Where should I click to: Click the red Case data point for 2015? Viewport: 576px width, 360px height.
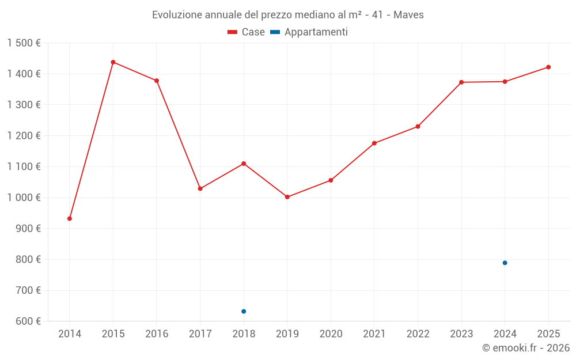click(x=113, y=62)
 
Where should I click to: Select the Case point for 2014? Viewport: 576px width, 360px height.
click(x=70, y=219)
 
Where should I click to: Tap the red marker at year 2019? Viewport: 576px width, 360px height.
click(x=287, y=197)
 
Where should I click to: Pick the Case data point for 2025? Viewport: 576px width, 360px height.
click(x=548, y=67)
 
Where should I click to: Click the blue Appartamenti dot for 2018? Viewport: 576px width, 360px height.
click(x=244, y=312)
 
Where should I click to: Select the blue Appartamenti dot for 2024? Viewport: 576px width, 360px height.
click(x=505, y=263)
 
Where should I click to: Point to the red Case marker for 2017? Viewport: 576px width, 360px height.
click(x=200, y=189)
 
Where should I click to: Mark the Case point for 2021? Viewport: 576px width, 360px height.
click(x=374, y=143)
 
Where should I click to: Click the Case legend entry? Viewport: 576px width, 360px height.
click(x=247, y=32)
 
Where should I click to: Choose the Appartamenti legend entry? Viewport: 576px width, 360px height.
click(x=309, y=32)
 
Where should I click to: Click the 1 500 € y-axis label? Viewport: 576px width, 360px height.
click(x=24, y=43)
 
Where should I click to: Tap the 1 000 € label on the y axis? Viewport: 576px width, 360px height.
click(x=24, y=198)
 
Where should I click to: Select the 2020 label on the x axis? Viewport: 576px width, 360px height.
click(x=331, y=334)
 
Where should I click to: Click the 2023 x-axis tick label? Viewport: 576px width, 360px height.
click(x=461, y=334)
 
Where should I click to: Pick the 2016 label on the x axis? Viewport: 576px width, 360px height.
click(x=157, y=334)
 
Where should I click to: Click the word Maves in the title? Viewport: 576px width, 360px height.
click(x=408, y=15)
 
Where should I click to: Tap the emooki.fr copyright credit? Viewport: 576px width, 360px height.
click(x=526, y=348)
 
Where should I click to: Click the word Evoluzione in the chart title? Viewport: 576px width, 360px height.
click(x=176, y=15)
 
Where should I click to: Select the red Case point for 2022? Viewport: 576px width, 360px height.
click(x=418, y=127)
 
